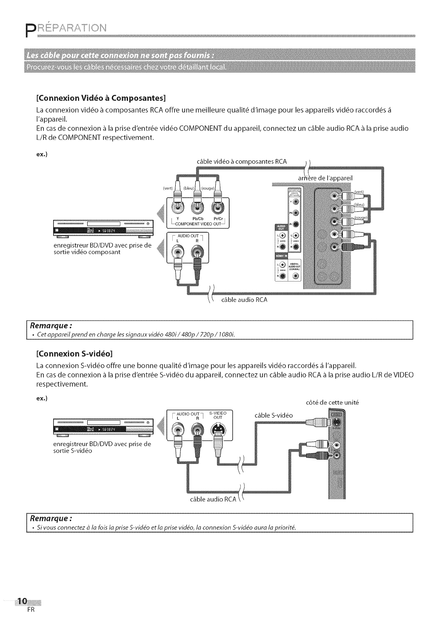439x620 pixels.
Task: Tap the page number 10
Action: coord(22,601)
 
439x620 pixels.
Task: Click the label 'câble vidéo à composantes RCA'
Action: coord(242,162)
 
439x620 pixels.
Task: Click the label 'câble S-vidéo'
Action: coord(274,415)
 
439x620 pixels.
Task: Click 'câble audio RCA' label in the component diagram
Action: coord(245,300)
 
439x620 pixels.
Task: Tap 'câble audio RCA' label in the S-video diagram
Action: coord(213,499)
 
